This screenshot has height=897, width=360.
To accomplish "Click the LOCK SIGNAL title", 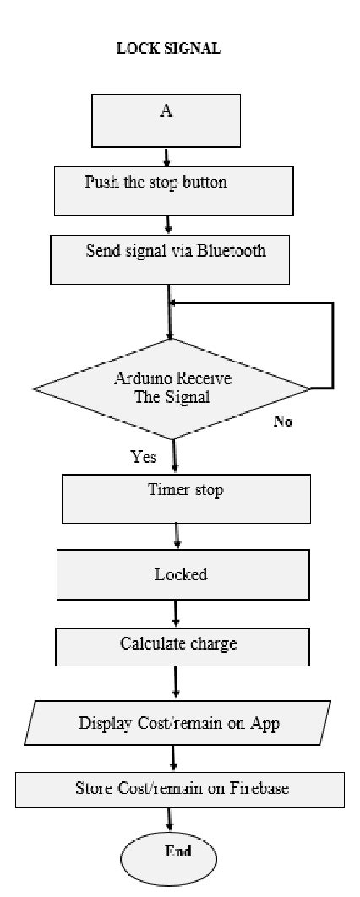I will tap(168, 50).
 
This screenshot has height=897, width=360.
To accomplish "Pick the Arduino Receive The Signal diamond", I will tap(172, 388).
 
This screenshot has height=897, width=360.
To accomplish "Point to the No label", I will tap(282, 421).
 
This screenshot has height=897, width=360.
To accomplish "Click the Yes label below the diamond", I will tap(144, 457).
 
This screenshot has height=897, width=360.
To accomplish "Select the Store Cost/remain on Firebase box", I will tap(181, 789).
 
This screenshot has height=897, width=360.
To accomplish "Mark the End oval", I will tap(177, 853).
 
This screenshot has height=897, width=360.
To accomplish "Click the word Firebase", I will tap(258, 789).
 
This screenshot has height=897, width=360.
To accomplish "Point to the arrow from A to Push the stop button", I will tap(166, 156).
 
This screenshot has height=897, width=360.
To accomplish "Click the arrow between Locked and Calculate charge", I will tap(176, 612).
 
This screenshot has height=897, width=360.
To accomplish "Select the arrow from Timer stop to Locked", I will tap(177, 536).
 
